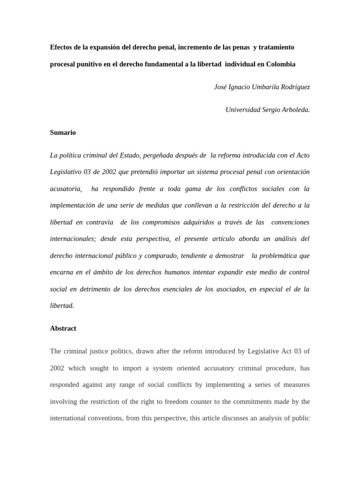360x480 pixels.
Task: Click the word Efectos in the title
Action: coord(61,47)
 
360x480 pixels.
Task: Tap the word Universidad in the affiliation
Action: coord(243,110)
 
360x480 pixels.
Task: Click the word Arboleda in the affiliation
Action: coord(294,110)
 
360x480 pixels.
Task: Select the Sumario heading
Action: coord(63,133)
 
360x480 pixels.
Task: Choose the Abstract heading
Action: coord(63,328)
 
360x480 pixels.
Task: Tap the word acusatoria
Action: coord(66,189)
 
